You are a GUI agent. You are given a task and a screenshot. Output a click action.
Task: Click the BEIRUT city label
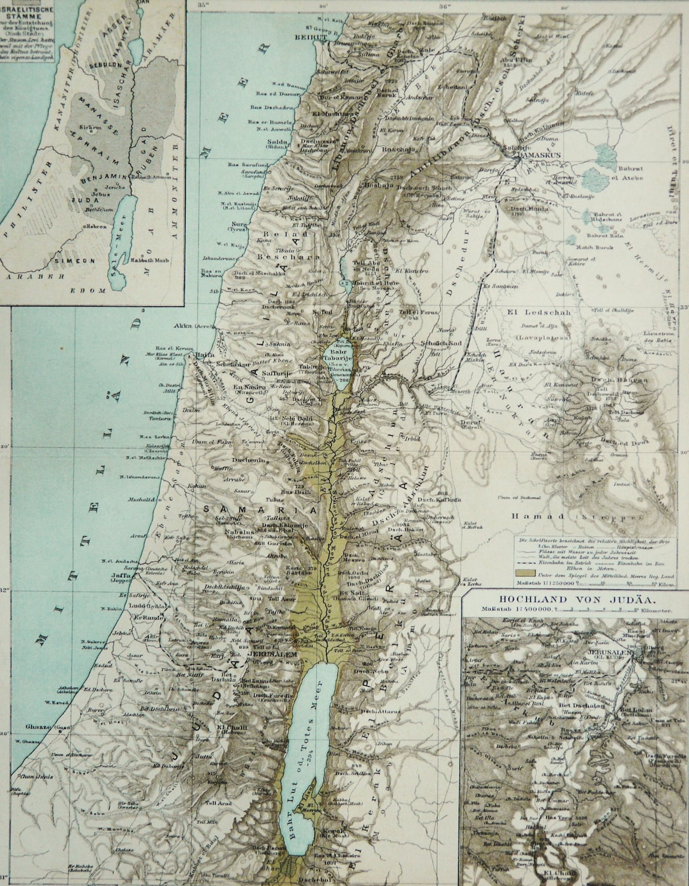[x=310, y=38]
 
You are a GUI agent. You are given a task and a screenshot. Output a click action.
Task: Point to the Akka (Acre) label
[x=195, y=325]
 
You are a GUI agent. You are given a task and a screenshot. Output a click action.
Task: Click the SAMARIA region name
[x=260, y=510]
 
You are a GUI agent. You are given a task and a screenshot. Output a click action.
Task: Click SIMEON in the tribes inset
[x=75, y=260]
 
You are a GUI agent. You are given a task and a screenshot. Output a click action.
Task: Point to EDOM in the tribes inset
[x=93, y=290]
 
